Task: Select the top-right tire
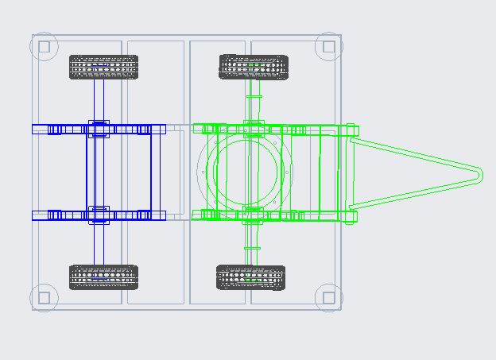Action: click(252, 67)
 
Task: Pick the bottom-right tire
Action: click(251, 277)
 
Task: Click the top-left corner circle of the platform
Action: click(45, 47)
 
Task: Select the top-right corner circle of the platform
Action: click(327, 47)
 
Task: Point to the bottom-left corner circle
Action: click(45, 298)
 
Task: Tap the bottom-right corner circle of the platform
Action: click(327, 298)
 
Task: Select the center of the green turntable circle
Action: click(245, 171)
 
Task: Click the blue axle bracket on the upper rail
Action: click(99, 129)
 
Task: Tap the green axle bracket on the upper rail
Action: click(253, 128)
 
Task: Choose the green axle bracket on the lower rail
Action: click(253, 215)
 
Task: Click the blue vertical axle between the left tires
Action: click(99, 171)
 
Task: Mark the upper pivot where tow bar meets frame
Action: click(351, 129)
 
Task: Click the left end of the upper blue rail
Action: click(36, 129)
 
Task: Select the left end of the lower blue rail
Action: click(36, 215)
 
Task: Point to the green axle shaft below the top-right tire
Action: click(252, 99)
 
